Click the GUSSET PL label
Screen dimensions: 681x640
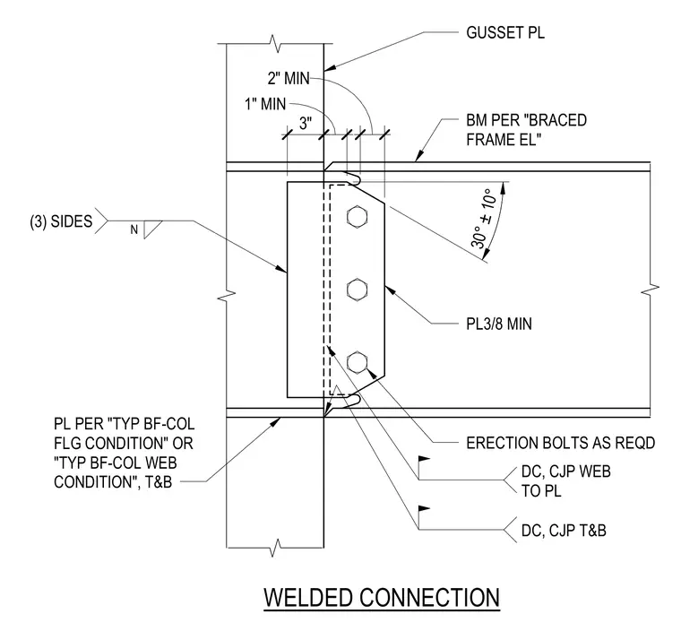(505, 32)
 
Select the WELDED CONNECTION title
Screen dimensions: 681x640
(382, 597)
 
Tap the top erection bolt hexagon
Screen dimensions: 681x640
(357, 216)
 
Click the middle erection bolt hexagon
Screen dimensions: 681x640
(357, 290)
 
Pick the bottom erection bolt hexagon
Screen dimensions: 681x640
(357, 362)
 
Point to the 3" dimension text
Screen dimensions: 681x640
(306, 124)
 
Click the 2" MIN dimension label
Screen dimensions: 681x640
(289, 79)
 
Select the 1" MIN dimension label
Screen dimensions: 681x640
(265, 104)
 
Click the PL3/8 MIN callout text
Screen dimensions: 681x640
(499, 324)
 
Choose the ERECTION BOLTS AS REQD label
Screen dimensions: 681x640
(560, 443)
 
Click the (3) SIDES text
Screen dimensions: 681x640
(61, 221)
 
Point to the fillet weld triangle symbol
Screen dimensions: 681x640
(152, 229)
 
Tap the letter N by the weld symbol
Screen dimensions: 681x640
(134, 229)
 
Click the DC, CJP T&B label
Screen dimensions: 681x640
(564, 531)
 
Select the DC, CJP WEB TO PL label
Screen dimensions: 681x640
(566, 481)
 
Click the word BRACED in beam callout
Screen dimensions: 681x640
(557, 120)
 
